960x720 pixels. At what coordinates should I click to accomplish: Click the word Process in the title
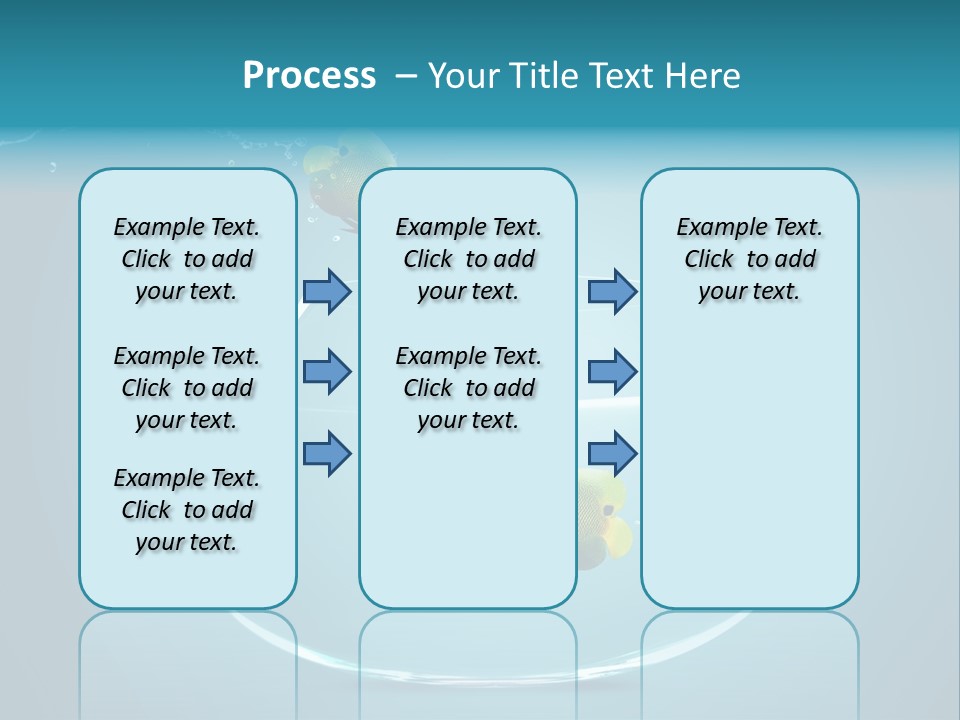click(309, 76)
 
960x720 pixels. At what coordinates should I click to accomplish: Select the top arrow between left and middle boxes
click(326, 291)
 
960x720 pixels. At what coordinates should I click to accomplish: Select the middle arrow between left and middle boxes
click(326, 372)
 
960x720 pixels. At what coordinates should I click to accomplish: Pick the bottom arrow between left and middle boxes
click(326, 453)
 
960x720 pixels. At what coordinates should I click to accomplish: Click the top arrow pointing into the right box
click(612, 291)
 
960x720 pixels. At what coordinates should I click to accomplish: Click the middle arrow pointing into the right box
click(612, 372)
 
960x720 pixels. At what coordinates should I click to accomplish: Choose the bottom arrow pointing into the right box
click(612, 453)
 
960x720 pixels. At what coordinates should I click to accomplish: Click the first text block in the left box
click(187, 259)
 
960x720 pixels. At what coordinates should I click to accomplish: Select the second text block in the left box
click(187, 388)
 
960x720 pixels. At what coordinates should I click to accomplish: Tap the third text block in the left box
click(187, 510)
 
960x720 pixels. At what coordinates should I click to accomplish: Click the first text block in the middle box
click(469, 259)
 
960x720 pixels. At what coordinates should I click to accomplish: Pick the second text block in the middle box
click(469, 388)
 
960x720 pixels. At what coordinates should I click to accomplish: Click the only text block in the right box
click(749, 259)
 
